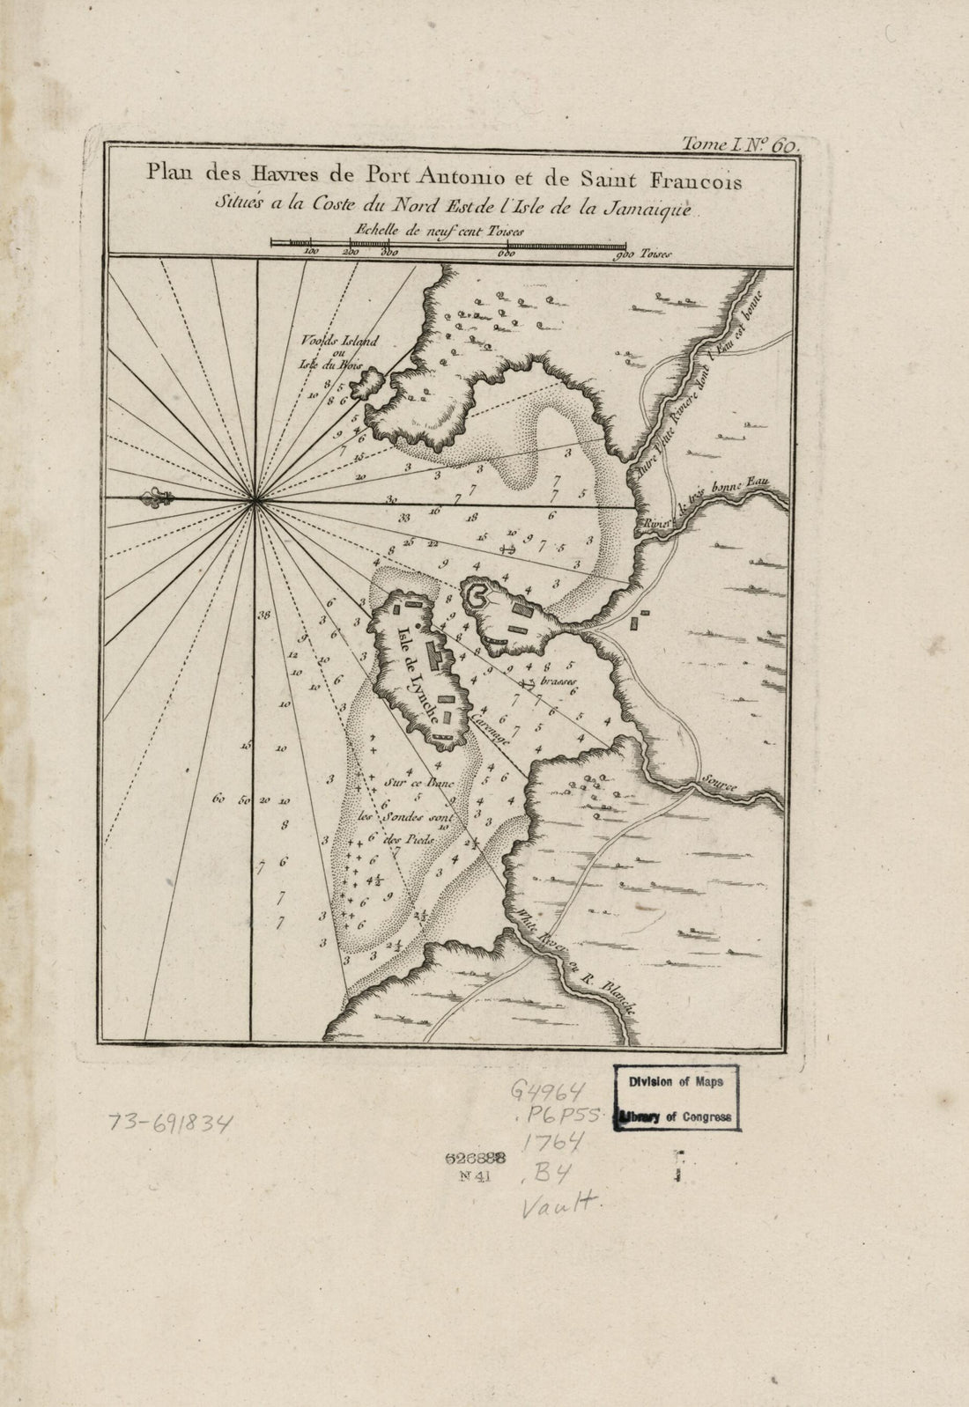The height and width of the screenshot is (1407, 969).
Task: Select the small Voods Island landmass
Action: pos(364,383)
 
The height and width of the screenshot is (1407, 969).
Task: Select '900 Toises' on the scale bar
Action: pos(644,254)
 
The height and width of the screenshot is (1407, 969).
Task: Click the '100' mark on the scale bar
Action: pos(310,252)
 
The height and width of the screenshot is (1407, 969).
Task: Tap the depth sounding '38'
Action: pos(263,615)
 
